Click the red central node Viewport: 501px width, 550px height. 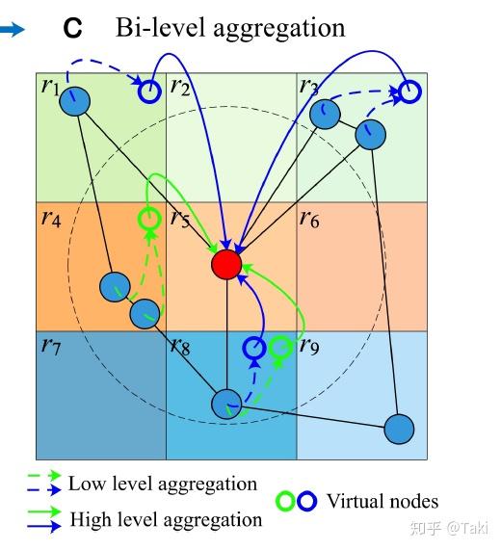225,263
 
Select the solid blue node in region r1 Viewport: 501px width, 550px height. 78,101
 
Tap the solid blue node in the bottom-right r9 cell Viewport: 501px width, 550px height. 399,429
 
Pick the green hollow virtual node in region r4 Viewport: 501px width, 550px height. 148,219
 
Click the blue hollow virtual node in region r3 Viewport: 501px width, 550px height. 409,92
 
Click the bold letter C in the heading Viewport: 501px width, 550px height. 73,29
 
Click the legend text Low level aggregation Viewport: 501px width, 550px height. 162,484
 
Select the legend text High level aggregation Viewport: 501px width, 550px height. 166,520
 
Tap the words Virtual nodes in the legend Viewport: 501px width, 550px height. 382,501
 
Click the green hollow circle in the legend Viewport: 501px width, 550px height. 285,502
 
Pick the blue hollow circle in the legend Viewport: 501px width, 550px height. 305,502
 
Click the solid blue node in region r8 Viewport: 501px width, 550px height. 226,404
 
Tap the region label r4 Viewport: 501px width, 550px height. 51,219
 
